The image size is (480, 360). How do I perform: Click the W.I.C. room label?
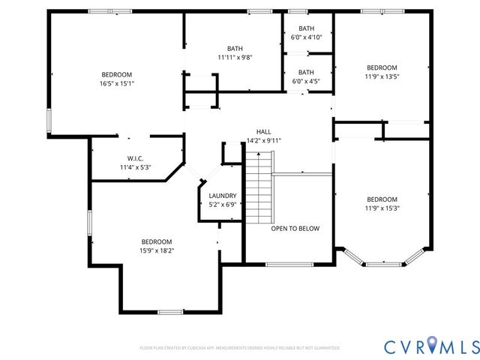[135, 158]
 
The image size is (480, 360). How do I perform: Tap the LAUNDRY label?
[222, 195]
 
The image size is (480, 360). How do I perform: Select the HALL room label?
[262, 130]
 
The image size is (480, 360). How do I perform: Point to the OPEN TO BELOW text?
[295, 229]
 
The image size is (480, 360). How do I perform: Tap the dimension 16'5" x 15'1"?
[117, 83]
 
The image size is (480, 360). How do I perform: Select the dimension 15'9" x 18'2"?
[157, 250]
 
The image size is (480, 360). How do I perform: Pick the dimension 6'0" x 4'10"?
[306, 37]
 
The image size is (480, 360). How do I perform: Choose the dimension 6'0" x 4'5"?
[306, 81]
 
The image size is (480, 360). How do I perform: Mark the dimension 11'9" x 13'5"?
[382, 76]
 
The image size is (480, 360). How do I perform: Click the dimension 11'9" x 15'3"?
[382, 208]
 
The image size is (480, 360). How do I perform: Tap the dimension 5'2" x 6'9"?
[222, 204]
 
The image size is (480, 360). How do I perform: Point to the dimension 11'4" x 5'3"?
[135, 167]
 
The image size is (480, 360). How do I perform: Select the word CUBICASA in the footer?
[204, 348]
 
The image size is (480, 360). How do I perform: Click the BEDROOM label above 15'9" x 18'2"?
[157, 241]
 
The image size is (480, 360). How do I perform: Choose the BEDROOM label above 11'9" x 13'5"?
[382, 67]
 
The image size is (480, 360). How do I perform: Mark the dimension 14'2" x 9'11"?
[262, 139]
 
